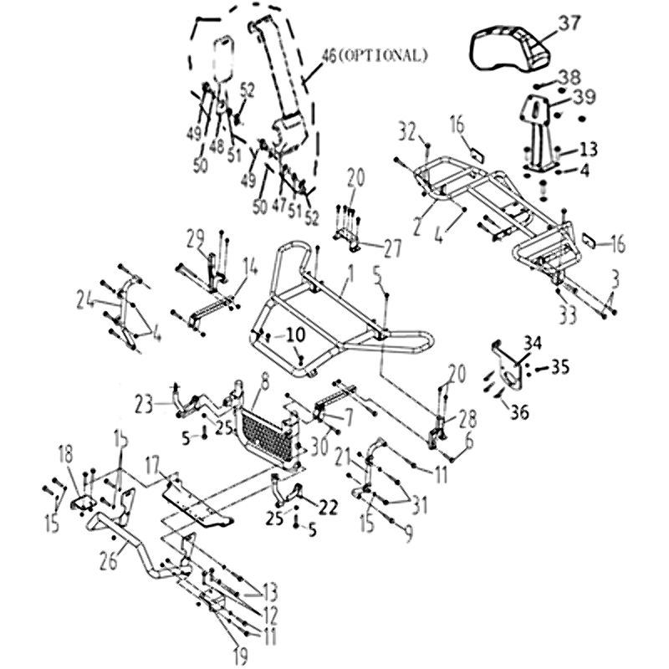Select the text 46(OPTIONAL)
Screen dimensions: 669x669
pos(375,56)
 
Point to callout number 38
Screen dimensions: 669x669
pos(568,75)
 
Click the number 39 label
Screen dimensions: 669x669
pos(583,96)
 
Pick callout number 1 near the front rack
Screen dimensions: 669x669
pos(350,273)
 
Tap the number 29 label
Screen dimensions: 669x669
pos(195,239)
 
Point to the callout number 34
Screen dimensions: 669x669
pos(533,340)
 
